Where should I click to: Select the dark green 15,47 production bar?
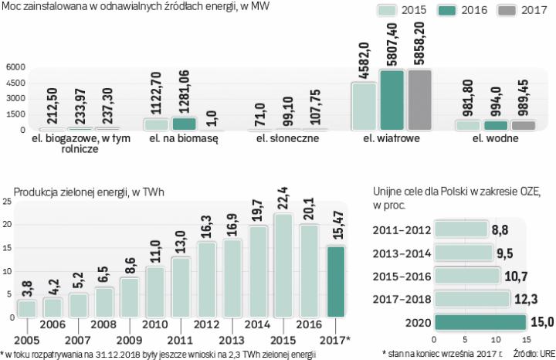(337, 281)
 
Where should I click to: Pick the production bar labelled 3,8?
(26, 308)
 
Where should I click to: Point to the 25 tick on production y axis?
(7, 202)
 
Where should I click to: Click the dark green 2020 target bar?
(478, 322)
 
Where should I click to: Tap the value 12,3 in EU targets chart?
(524, 298)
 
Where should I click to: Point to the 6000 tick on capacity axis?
(15, 67)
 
